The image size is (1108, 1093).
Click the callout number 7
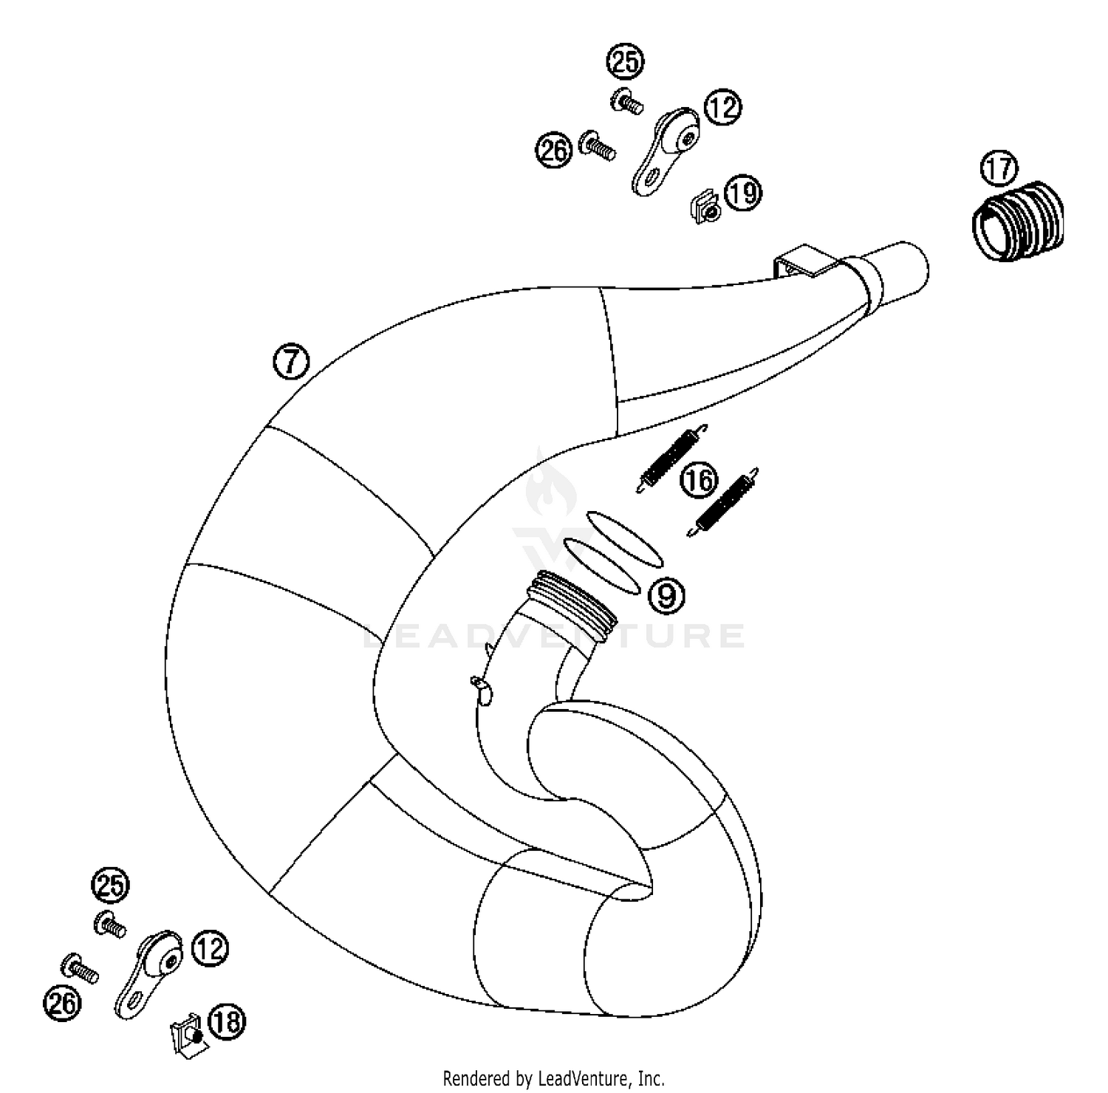coord(291,362)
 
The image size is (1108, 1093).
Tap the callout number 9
coord(666,595)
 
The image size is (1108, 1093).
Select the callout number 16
coord(699,481)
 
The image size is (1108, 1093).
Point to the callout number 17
coord(999,169)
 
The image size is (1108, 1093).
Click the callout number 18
coord(227,1022)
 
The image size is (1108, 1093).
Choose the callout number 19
coord(742,193)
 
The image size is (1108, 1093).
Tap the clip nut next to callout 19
coord(705,208)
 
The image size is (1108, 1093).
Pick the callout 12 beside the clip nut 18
coord(210,948)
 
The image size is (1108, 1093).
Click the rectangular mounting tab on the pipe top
coord(804,258)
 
